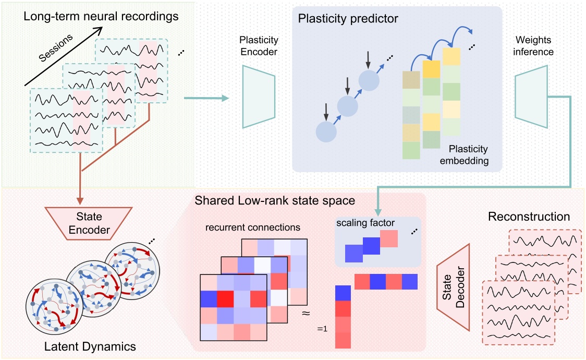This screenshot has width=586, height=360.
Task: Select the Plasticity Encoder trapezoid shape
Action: click(x=259, y=97)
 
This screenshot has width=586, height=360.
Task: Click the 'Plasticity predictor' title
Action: click(x=348, y=19)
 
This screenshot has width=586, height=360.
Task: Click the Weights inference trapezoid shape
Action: click(x=530, y=97)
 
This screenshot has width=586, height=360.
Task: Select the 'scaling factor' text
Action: click(x=364, y=223)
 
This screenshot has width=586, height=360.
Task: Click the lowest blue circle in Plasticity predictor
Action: click(x=325, y=130)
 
